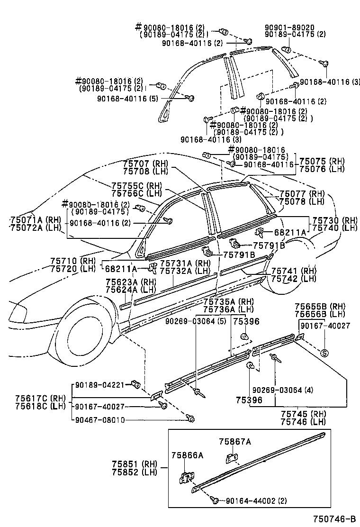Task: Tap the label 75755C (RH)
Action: click(x=136, y=186)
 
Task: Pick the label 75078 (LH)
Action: click(x=302, y=201)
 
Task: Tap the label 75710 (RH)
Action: click(x=73, y=261)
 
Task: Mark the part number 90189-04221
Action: click(x=100, y=385)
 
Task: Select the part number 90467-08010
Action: click(x=100, y=419)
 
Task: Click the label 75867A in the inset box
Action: click(x=234, y=442)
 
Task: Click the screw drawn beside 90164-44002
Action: click(x=215, y=500)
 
